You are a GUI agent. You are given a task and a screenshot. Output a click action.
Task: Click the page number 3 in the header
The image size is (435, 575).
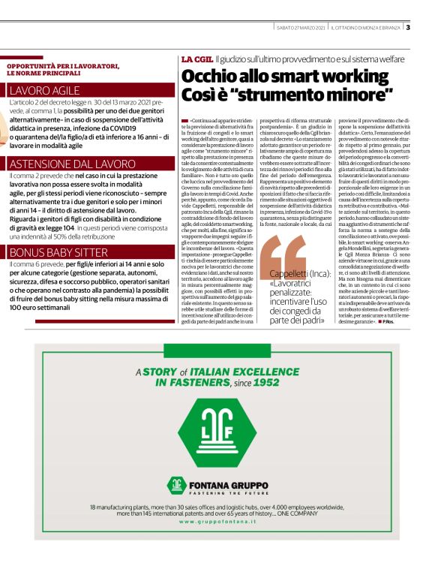407,28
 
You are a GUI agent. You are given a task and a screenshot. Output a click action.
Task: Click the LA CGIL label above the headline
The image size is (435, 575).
196,59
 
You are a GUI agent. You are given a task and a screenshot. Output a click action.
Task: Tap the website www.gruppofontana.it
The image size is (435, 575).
217,521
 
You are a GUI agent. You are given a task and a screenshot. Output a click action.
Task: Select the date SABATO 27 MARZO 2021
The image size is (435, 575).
300,28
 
